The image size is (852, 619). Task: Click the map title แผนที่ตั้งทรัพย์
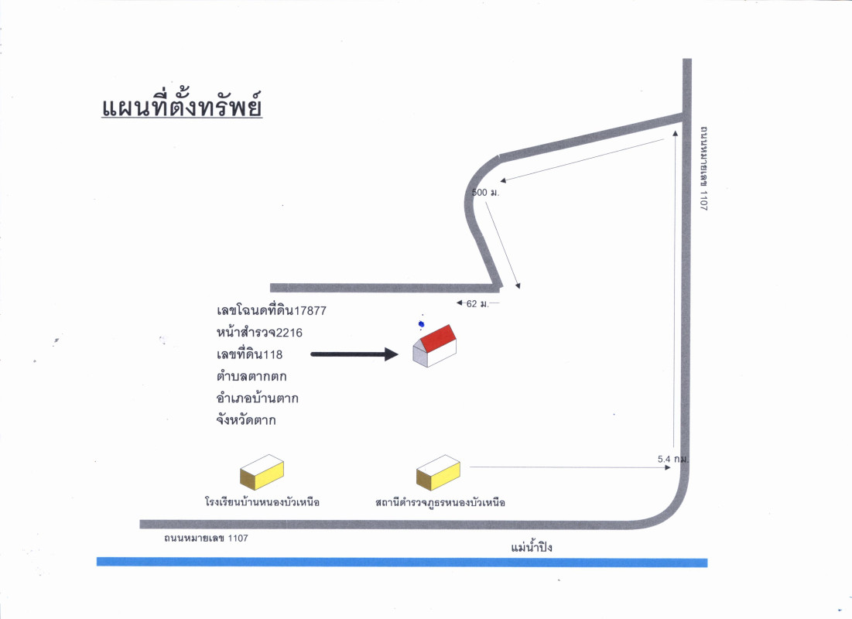[182, 106]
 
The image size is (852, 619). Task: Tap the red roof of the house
[438, 338]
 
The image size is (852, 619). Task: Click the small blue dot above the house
[421, 324]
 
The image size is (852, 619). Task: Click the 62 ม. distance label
[477, 303]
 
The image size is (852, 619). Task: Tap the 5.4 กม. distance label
[672, 459]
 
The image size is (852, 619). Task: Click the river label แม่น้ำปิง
[532, 548]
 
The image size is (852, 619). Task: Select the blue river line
[402, 562]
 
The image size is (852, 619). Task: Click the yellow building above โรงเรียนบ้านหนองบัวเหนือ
[262, 471]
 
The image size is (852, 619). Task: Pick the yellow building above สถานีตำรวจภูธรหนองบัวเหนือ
[438, 471]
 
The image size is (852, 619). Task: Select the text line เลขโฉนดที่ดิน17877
[272, 310]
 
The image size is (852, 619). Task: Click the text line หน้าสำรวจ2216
[259, 333]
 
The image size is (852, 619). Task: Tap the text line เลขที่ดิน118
[250, 355]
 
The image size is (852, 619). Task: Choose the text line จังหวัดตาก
[247, 421]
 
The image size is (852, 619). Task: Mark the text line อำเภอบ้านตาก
[258, 399]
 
